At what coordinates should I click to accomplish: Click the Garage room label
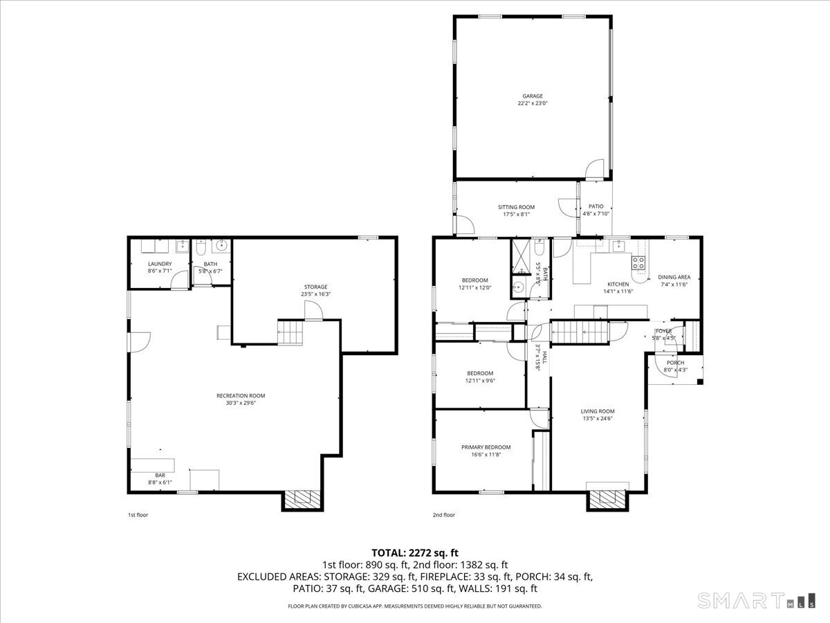[532, 100]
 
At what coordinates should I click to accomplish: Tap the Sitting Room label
[516, 210]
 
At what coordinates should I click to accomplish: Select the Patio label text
[596, 210]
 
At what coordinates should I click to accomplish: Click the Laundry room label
[159, 267]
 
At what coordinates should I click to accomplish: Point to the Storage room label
[315, 290]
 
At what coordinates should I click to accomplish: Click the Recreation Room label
[240, 399]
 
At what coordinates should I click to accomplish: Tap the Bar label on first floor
[160, 478]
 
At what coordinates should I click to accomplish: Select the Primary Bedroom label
[486, 451]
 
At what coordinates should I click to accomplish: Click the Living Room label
[597, 415]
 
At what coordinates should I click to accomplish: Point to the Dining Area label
[674, 280]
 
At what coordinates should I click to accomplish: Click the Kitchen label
[618, 287]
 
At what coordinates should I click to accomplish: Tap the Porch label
[675, 366]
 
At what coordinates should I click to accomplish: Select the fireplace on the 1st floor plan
[302, 499]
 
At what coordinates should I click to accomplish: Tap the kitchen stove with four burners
[638, 262]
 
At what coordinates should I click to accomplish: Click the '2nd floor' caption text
[444, 515]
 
